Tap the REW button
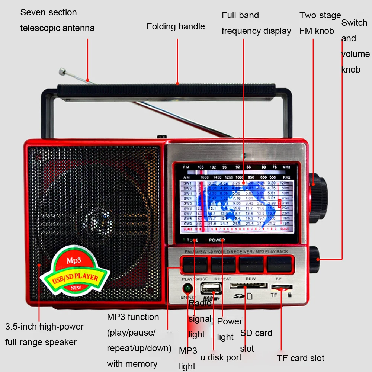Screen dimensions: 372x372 (x=251, y=264)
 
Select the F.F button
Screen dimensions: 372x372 (x=279, y=264)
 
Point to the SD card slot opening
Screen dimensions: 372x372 (x=248, y=286)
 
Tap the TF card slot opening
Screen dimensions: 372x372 (x=282, y=287)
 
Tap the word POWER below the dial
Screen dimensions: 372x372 (x=217, y=240)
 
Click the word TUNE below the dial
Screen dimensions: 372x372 (x=193, y=240)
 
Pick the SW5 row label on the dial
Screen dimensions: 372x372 (x=187, y=203)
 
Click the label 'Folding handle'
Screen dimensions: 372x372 (x=176, y=26)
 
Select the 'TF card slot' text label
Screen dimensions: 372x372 (x=301, y=358)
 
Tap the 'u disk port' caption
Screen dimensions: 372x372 (x=221, y=357)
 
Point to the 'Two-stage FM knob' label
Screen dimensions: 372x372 (x=320, y=23)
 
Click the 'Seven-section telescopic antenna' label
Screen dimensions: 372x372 (x=57, y=20)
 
